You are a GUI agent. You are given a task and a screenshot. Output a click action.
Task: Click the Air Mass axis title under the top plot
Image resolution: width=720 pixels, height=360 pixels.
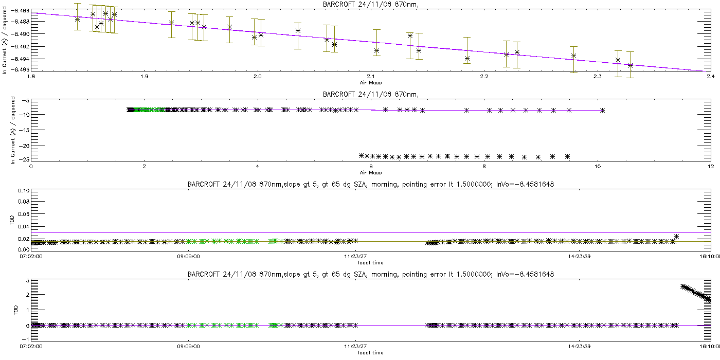point(370,82)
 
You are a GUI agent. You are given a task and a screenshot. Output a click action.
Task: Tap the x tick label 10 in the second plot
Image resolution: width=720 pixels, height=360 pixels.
point(597,166)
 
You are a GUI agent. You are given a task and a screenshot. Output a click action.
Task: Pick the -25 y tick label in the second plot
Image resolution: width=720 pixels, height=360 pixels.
point(23,159)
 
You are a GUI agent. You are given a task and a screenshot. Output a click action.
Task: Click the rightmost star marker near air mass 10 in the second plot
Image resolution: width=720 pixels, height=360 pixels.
point(602,110)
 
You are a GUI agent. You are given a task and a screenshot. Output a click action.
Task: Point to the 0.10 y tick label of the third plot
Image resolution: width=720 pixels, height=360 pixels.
point(23,191)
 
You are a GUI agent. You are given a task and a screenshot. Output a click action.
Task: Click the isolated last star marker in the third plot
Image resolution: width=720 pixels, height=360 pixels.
point(677,237)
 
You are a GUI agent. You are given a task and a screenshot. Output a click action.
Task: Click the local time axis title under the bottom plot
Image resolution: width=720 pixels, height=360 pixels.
point(370,353)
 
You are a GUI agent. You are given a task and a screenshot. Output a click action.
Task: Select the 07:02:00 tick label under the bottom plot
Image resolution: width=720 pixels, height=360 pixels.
point(32,347)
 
